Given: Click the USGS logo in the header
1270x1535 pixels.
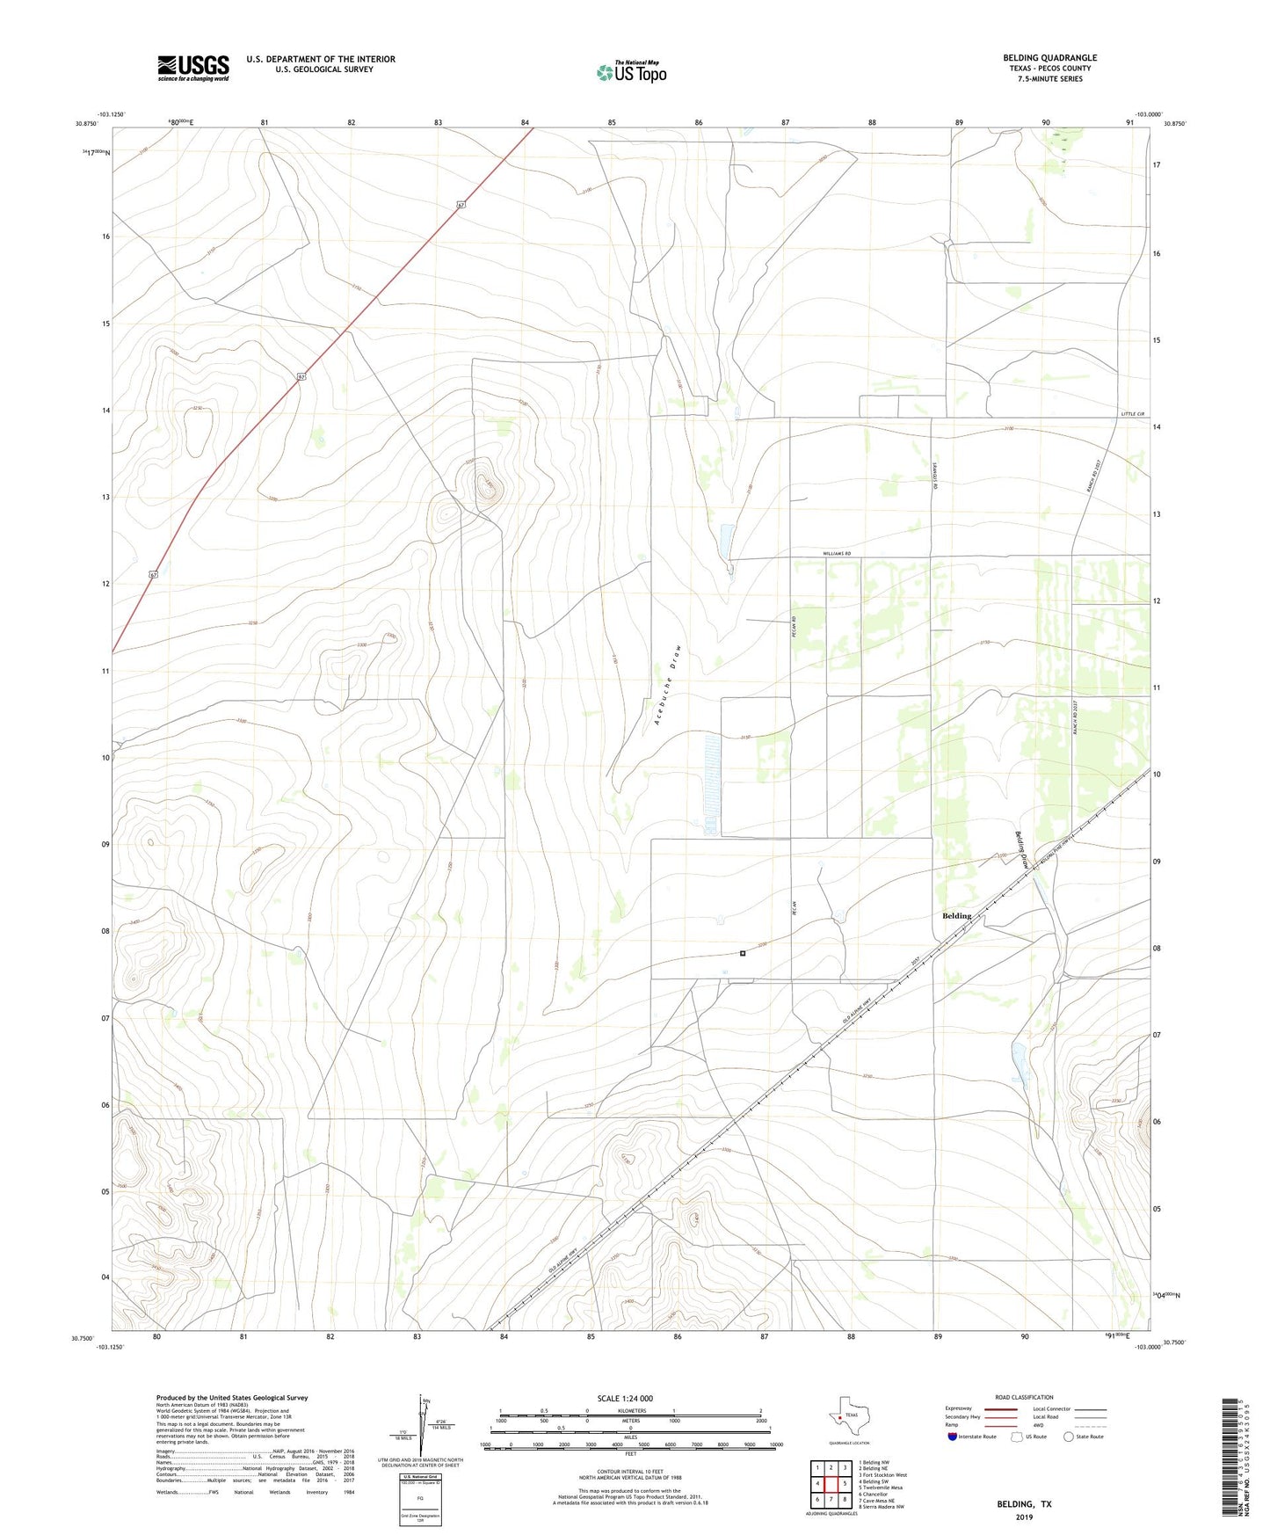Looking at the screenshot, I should [x=192, y=68].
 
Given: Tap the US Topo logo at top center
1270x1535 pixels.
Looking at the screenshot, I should [x=631, y=72].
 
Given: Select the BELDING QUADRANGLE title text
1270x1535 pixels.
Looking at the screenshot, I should [x=1049, y=58].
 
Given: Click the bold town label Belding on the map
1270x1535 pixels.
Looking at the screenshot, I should [x=956, y=916].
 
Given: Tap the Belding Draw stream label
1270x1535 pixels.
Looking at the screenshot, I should [x=1022, y=850].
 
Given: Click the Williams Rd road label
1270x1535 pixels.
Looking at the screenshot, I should [x=843, y=554].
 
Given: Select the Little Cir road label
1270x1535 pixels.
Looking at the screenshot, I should [x=1134, y=414].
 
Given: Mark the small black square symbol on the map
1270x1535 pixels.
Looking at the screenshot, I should [x=743, y=953].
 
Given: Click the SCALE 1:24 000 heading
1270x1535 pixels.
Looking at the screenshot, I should [x=625, y=1399].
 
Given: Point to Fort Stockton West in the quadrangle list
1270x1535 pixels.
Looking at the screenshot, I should [x=882, y=1475].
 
